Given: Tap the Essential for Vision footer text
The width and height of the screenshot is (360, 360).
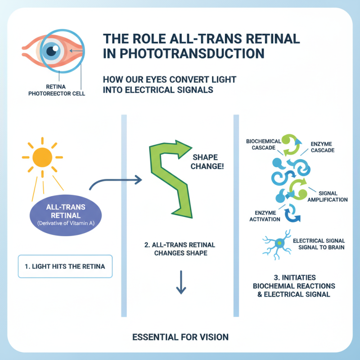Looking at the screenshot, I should click(x=180, y=337).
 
